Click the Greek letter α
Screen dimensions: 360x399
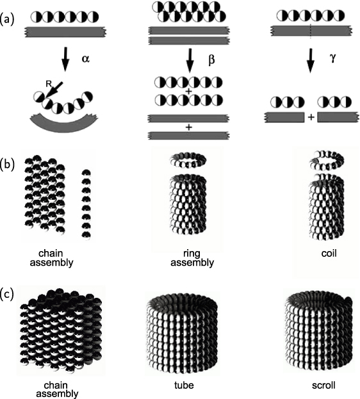pyautogui.click(x=86, y=59)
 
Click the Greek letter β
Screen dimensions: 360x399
pyautogui.click(x=211, y=60)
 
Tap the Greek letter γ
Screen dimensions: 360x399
pyautogui.click(x=332, y=58)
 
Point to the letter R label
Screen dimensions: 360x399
pyautogui.click(x=49, y=84)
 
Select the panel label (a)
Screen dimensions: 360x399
pyautogui.click(x=7, y=20)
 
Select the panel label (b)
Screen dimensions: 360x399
pyautogui.click(x=7, y=164)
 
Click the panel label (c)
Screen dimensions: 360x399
pyautogui.click(x=7, y=294)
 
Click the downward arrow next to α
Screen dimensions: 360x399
pyautogui.click(x=65, y=58)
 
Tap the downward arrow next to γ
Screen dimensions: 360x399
pyautogui.click(x=310, y=61)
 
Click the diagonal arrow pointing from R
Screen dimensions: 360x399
pyautogui.click(x=54, y=90)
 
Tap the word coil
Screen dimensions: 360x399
pyautogui.click(x=329, y=254)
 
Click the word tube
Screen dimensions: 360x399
pyautogui.click(x=184, y=386)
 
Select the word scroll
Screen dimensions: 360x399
pyautogui.click(x=323, y=386)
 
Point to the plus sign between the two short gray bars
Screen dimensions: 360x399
pyautogui.click(x=311, y=117)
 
